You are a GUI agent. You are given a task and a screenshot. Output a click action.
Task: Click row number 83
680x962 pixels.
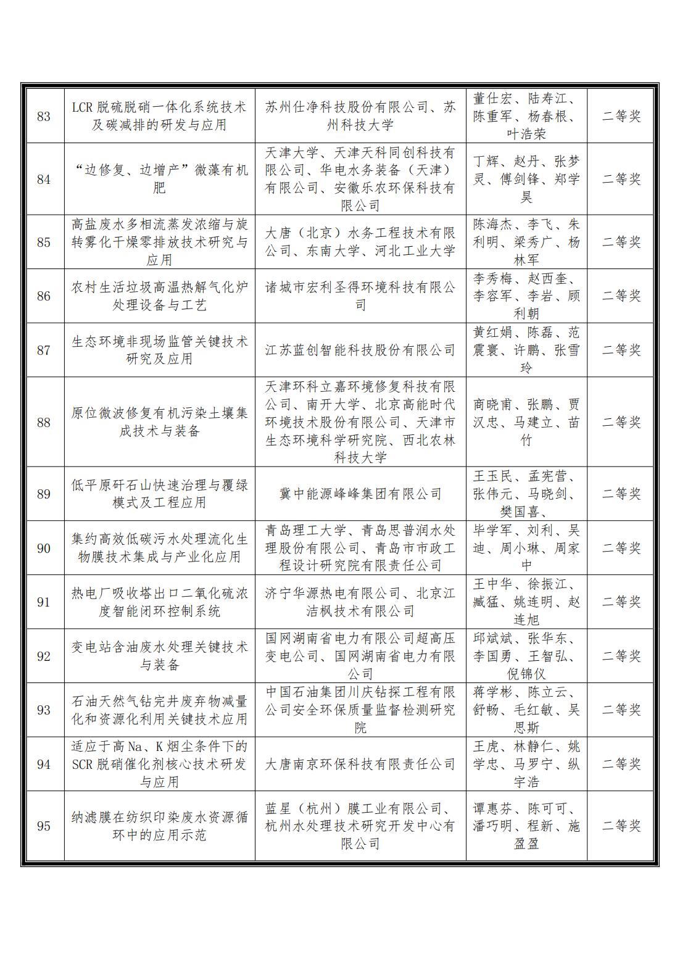(x=44, y=116)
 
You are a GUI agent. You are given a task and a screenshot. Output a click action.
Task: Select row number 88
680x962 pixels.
(x=44, y=422)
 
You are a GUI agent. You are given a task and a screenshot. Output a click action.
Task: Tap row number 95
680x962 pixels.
(x=44, y=826)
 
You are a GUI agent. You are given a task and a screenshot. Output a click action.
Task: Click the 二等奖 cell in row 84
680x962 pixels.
(x=621, y=179)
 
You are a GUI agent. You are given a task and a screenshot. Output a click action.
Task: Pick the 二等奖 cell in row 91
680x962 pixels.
(x=621, y=602)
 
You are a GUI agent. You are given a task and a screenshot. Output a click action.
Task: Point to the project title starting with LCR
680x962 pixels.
(x=159, y=116)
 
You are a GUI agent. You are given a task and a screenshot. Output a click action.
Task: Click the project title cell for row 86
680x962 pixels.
(x=159, y=296)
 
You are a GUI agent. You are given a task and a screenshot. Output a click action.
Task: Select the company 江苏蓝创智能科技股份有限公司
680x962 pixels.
(x=360, y=350)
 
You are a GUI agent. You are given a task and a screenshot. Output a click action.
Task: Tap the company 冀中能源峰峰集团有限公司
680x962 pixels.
(x=360, y=494)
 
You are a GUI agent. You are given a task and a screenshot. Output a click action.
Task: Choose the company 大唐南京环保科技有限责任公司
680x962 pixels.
(x=360, y=764)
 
